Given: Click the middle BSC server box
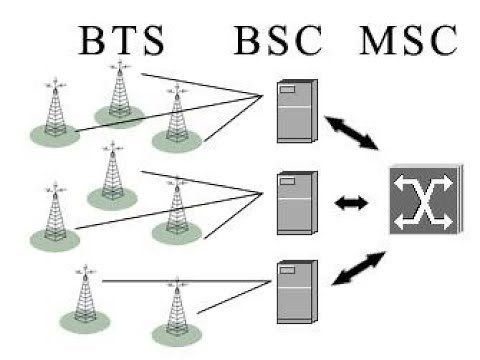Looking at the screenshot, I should click(x=296, y=202).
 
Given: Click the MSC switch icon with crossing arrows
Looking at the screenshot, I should click(x=423, y=200).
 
